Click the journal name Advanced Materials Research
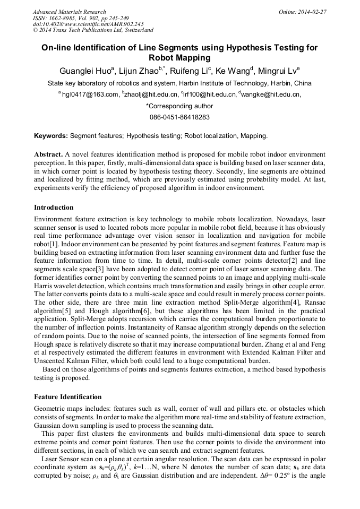(x=70, y=12)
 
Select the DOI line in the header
(x=88, y=24)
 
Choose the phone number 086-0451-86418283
(x=179, y=117)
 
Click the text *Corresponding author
(x=179, y=106)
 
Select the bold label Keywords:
(x=51, y=136)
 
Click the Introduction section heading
(x=54, y=208)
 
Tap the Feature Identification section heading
(x=67, y=397)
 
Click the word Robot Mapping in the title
(x=179, y=58)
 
